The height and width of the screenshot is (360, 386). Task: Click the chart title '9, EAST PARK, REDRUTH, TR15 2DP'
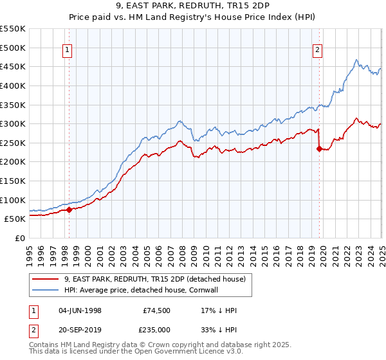(x=192, y=8)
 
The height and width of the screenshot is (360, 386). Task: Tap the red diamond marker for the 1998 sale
(x=69, y=210)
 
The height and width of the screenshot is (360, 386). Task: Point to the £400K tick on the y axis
(x=14, y=85)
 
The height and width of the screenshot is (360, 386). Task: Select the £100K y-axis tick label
(x=14, y=200)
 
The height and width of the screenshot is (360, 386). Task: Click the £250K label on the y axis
(x=14, y=143)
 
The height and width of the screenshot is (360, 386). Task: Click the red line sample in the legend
(x=46, y=280)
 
